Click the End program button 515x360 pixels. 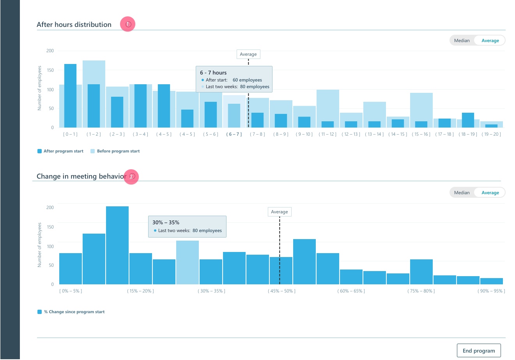click(x=478, y=350)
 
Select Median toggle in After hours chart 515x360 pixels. click(x=462, y=41)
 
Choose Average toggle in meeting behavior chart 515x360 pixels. click(x=490, y=193)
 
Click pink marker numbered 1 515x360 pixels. click(x=127, y=24)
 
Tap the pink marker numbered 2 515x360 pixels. click(x=131, y=177)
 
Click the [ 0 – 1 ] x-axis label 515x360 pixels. click(x=70, y=134)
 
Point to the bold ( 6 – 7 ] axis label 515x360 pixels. click(x=234, y=134)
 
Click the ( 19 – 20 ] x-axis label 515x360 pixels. click(x=491, y=134)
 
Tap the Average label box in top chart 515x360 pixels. click(x=248, y=54)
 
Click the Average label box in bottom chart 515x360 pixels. click(x=280, y=212)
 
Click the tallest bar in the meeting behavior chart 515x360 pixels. click(x=117, y=246)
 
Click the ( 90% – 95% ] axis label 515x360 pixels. click(x=491, y=291)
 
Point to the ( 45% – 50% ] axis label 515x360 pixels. click(x=281, y=291)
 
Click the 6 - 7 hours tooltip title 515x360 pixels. click(x=213, y=73)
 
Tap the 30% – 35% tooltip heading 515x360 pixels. click(x=166, y=222)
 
